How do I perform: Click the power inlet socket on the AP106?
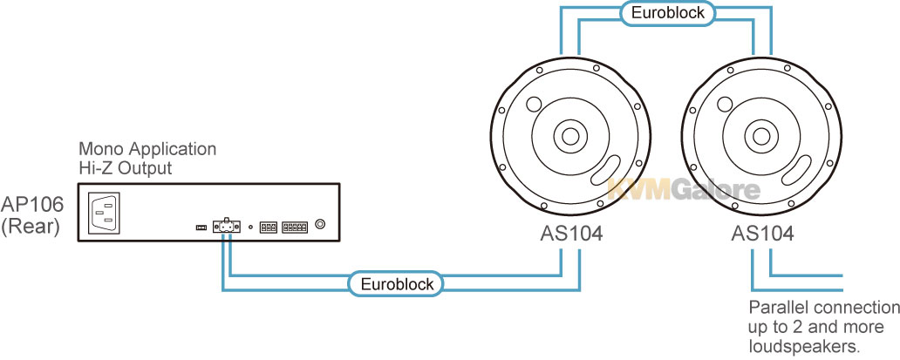pos(103,213)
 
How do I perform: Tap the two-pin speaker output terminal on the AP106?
pos(226,227)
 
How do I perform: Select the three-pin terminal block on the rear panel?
pos(268,227)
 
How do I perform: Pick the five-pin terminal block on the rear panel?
pos(295,227)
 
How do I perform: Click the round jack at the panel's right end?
pos(322,226)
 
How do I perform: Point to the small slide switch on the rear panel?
pos(201,228)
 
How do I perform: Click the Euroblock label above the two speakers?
pos(667,12)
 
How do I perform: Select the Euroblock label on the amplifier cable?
pos(397,284)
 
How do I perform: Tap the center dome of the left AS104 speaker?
pos(570,137)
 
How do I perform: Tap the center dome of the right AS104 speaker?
pos(761,137)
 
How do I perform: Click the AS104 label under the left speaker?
pos(571,234)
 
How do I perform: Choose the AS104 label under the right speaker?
pos(762,234)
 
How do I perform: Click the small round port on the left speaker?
pos(533,104)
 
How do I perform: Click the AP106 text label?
pos(32,205)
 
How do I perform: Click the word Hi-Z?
pos(95,168)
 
